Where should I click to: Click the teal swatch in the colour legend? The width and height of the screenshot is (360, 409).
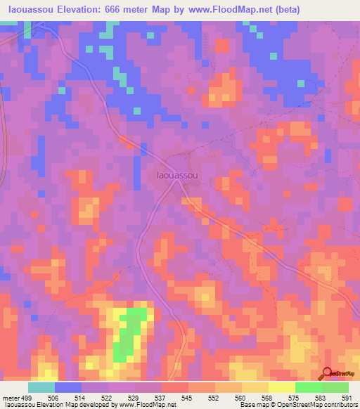[41, 387]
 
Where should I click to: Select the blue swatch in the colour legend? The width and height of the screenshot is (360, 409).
[68, 387]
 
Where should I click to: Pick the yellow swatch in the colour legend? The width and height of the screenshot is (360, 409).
[281, 387]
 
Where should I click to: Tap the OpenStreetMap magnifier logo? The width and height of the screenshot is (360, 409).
[328, 372]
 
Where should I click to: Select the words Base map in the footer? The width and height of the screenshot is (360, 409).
[249, 405]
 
